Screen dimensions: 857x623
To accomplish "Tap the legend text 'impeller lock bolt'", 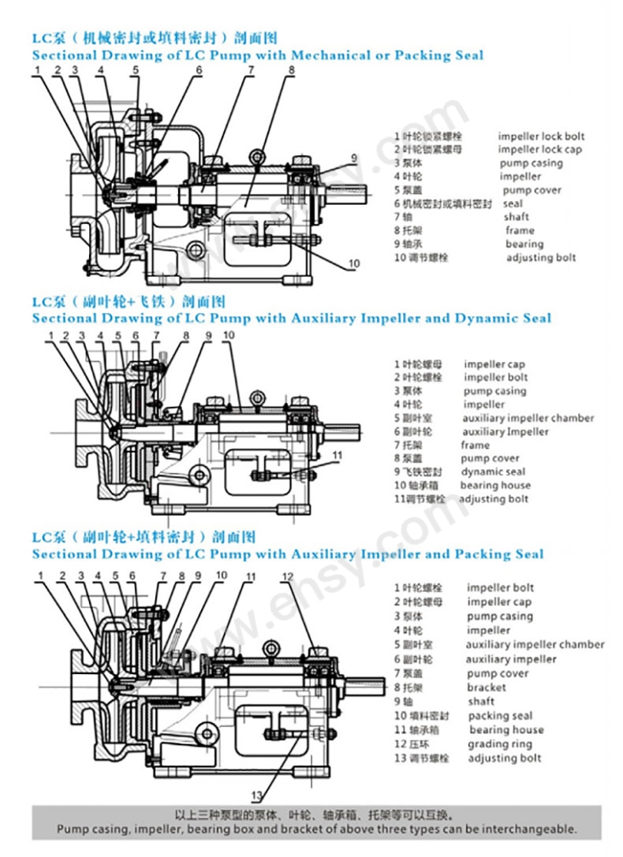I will click(x=541, y=136).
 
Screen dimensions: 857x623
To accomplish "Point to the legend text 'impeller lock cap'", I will click(x=539, y=150).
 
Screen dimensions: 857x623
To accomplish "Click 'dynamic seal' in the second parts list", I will click(x=493, y=471).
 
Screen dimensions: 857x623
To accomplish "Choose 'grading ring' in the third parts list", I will click(x=499, y=743).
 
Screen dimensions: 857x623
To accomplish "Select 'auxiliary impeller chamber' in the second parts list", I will click(x=528, y=418).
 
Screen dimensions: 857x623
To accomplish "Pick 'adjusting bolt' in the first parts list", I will click(x=541, y=257).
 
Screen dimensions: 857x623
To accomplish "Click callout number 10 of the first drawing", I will click(x=354, y=263).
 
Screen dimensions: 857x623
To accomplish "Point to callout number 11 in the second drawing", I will click(x=337, y=456).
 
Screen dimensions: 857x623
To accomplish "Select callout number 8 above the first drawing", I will click(x=291, y=70).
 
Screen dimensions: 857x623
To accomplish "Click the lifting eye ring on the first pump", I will click(x=256, y=156).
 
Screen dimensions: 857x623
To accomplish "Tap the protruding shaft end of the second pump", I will click(x=348, y=432).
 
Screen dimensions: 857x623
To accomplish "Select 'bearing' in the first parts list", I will click(x=524, y=244).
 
